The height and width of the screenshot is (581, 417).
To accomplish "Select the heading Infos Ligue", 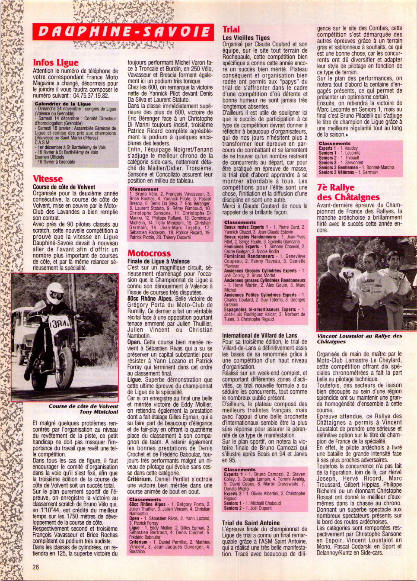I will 56,63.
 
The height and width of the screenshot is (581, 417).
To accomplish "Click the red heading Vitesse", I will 48,179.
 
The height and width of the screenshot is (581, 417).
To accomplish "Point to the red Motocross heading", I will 149,254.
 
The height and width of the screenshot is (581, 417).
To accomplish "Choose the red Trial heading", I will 231,29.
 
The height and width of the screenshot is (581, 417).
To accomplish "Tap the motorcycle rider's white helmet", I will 56,293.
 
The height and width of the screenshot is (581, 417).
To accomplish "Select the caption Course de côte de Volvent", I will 83,406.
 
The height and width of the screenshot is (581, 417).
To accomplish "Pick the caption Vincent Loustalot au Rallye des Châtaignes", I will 360,338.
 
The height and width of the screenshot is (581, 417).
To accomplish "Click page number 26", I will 36,567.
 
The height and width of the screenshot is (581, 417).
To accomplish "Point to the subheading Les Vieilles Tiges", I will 246,38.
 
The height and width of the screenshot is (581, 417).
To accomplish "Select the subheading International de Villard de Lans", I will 260,335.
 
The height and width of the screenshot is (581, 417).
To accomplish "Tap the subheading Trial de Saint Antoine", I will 251,523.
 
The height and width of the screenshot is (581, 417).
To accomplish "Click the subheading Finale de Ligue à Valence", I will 159,261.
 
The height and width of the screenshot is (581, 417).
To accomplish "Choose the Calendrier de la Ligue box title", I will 63,104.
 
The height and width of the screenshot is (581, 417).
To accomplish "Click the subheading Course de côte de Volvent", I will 64,187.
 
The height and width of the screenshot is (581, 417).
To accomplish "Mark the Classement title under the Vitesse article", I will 144,189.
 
